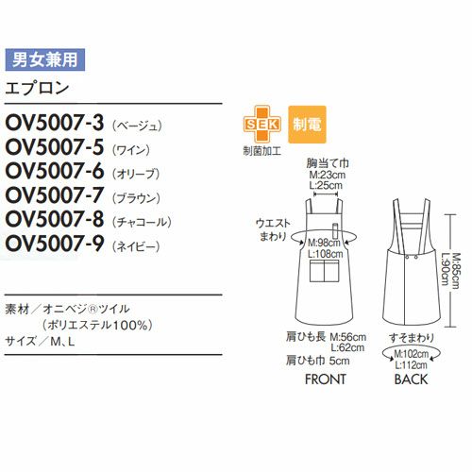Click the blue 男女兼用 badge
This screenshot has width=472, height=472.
[x=45, y=59]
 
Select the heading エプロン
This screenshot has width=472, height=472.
[x=37, y=88]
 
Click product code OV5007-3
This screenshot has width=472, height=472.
[x=55, y=123]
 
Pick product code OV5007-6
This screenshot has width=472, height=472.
[x=55, y=171]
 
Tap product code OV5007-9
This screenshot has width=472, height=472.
[x=55, y=244]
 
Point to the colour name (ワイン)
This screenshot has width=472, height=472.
[x=131, y=150]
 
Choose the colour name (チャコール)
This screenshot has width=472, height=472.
[x=142, y=222]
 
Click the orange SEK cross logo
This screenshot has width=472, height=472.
[x=261, y=125]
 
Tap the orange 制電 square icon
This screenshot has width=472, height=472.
[x=307, y=125]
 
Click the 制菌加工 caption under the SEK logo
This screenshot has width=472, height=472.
[x=261, y=151]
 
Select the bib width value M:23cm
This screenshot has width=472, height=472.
[x=328, y=175]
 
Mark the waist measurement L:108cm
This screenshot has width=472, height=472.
[x=326, y=253]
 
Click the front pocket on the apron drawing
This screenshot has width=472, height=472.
[x=325, y=270]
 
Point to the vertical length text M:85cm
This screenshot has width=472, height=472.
[x=455, y=270]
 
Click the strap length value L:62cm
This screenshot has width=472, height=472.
[x=347, y=347]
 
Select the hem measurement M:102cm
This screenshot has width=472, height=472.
[x=412, y=354]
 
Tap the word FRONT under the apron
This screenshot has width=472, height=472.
[x=326, y=379]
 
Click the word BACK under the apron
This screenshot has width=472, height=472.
[x=411, y=379]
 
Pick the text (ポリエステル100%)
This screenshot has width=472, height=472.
[x=97, y=325]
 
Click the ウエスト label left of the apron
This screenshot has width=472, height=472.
[x=273, y=223]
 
